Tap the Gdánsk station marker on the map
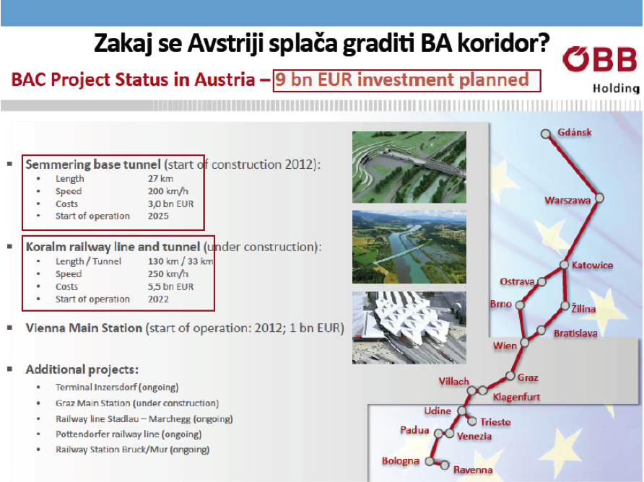point(545,133)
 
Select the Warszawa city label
point(567,201)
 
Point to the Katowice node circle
point(565,265)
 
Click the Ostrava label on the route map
point(517,281)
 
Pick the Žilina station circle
point(565,305)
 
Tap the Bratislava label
point(575,333)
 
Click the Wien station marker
point(525,343)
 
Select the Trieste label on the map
point(496,422)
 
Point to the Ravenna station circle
point(445,465)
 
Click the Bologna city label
point(401,461)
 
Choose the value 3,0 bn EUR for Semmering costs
point(171,204)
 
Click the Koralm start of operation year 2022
point(159,299)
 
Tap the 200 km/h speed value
point(168,191)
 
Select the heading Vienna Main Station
point(84,328)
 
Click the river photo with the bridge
point(409,247)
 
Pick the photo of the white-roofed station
point(409,328)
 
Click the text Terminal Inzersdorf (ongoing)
point(117,387)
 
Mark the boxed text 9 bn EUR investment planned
point(406,81)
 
